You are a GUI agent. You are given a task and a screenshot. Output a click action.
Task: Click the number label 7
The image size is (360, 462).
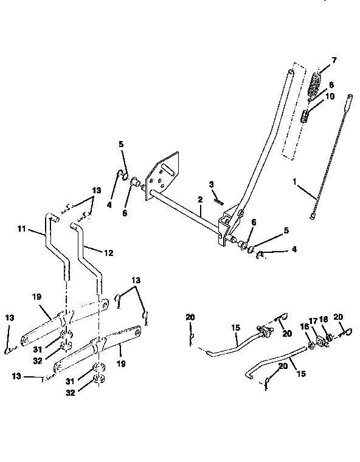click(x=333, y=61)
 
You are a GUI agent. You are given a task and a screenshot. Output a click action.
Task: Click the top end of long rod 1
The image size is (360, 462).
click(x=350, y=97)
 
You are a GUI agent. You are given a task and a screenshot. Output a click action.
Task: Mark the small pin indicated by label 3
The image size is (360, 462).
click(x=220, y=196)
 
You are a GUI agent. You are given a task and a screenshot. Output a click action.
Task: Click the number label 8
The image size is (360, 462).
click(x=331, y=85)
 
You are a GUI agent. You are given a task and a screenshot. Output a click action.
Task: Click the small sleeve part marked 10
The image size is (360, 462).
click(x=308, y=114)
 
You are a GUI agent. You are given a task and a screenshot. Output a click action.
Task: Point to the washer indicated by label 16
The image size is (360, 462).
click(x=311, y=345)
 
